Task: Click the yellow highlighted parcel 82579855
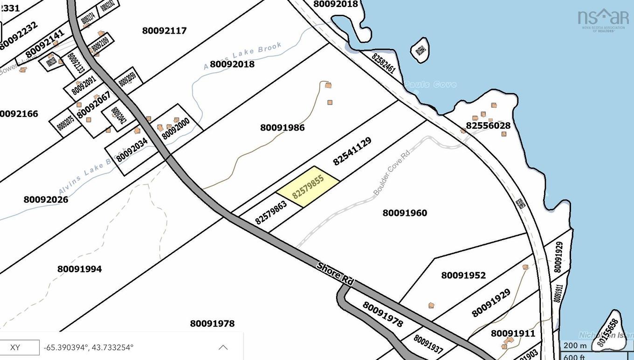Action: coord(308,187)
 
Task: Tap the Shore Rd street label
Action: coord(336,274)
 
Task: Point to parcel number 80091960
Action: coord(405,213)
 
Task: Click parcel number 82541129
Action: coord(352,151)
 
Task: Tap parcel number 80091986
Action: coord(283,127)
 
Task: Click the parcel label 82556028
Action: coord(488,125)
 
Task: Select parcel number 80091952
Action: coord(463,276)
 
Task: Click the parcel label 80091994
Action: coord(80,269)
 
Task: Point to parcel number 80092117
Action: coord(165,31)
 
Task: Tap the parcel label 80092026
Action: coord(46,200)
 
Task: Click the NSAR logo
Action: coord(603,20)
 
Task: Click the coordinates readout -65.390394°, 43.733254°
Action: coord(89,347)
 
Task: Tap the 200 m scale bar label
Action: coord(575,346)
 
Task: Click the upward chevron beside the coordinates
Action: coord(223,347)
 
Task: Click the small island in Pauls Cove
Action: coord(420,49)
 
